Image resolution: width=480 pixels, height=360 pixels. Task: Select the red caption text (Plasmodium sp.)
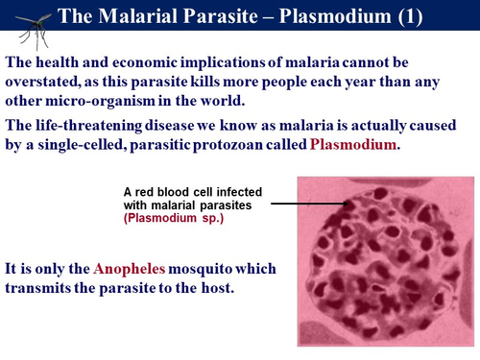170,218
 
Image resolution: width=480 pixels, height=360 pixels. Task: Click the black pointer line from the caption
306,204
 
